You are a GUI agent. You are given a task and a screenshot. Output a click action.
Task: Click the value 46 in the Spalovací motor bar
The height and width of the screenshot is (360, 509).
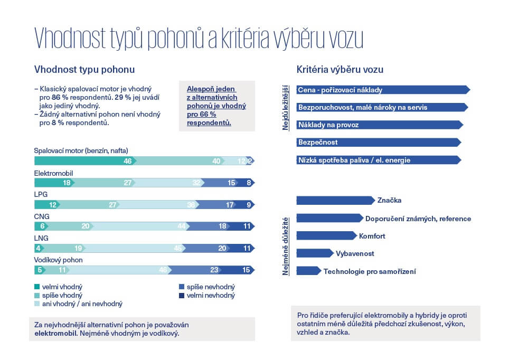(x=127, y=161)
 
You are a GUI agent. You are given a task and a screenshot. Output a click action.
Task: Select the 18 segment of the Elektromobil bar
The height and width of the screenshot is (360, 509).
(x=67, y=183)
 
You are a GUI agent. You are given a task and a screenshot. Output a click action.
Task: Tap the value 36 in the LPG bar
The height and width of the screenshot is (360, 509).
(x=192, y=205)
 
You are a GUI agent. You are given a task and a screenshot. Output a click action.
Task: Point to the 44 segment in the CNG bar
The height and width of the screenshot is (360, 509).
(x=182, y=226)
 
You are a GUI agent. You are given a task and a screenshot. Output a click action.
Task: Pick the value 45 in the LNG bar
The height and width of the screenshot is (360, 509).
(x=178, y=248)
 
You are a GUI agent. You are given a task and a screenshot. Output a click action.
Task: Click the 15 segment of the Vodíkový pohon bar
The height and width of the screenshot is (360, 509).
(x=246, y=270)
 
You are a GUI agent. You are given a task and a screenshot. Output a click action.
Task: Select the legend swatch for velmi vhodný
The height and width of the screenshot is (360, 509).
(x=36, y=287)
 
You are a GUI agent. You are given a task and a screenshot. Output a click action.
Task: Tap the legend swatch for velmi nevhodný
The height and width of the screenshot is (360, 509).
(x=183, y=296)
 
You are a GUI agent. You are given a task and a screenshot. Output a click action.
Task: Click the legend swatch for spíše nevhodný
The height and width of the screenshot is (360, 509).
(x=183, y=287)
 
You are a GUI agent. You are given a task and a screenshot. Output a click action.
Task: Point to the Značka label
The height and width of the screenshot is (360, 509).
(x=389, y=201)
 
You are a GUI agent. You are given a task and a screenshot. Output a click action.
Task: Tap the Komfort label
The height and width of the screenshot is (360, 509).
(x=372, y=236)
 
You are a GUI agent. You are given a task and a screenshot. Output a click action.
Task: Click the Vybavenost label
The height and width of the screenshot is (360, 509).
(x=355, y=253)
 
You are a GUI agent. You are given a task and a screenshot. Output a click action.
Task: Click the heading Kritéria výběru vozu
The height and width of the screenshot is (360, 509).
(x=340, y=70)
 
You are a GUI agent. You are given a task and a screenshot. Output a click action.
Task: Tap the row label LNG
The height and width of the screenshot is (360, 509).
(x=41, y=238)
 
